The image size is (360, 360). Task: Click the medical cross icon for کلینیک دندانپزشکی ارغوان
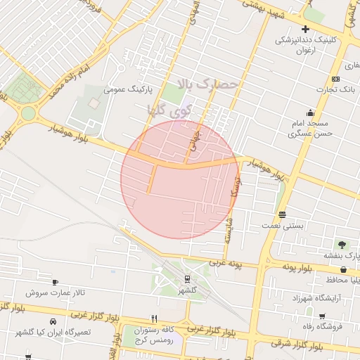point(305,29)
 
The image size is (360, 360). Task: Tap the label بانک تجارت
point(335,89)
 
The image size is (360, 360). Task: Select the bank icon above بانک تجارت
point(335,79)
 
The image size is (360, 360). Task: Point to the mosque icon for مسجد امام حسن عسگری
point(310,112)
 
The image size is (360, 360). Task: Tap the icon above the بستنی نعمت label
point(282,214)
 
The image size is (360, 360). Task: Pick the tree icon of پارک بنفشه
point(342,245)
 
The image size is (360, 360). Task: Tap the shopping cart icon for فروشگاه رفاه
point(322,317)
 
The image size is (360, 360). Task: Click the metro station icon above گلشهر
point(186,279)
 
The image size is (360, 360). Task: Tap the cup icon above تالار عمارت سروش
point(56,282)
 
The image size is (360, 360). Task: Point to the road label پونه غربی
point(225,264)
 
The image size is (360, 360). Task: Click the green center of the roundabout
point(28,113)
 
